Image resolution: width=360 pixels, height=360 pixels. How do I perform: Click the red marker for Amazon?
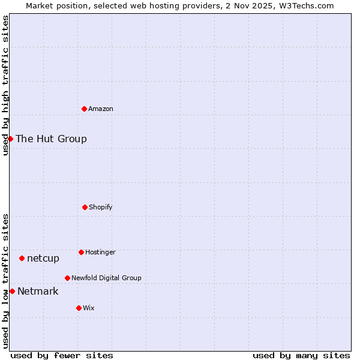click(x=84, y=109)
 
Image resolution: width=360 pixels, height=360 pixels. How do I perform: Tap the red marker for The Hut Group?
click(x=10, y=139)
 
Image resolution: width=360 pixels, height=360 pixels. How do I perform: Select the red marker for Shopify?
click(x=85, y=207)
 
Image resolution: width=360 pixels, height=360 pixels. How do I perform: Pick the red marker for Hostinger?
click(x=81, y=252)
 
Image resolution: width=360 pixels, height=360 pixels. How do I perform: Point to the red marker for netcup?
click(x=22, y=258)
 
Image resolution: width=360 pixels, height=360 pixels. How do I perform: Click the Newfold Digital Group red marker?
click(x=67, y=278)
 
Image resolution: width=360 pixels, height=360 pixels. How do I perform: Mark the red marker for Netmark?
click(x=12, y=291)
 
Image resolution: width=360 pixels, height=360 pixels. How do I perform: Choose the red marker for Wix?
click(x=79, y=308)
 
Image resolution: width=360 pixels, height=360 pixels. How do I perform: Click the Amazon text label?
click(x=101, y=109)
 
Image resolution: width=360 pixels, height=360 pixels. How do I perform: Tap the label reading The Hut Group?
click(x=51, y=139)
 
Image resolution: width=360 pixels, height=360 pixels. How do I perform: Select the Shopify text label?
click(x=101, y=208)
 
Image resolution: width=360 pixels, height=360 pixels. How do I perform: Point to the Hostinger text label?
click(x=100, y=253)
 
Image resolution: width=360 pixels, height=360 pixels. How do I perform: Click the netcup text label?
click(x=43, y=259)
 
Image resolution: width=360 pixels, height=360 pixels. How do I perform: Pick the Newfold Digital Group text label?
click(x=106, y=278)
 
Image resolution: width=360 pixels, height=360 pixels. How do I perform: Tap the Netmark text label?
click(x=38, y=292)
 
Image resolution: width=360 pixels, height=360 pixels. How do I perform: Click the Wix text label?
click(x=89, y=308)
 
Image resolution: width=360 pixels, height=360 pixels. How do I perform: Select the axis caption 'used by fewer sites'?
click(x=62, y=355)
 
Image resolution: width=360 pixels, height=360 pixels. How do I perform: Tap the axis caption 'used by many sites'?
click(x=301, y=355)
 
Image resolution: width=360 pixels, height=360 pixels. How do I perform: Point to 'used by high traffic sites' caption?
click(x=5, y=85)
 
